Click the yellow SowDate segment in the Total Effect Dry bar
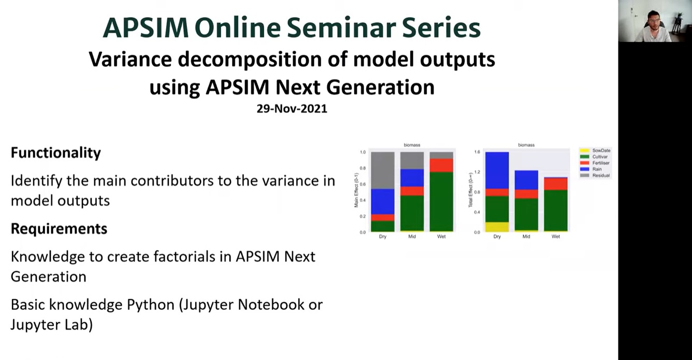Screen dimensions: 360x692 497,226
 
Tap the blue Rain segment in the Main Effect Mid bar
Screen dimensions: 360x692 412,178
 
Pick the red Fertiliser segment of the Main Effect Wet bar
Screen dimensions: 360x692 441,165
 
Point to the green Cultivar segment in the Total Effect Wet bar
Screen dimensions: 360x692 556,210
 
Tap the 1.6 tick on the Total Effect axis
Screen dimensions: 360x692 477,152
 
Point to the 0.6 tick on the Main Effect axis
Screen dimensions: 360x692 363,184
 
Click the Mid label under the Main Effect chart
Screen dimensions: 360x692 412,237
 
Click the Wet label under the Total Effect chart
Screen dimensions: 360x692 556,237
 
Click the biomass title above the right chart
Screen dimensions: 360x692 526,145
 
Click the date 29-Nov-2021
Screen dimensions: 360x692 292,109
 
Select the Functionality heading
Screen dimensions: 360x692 56,153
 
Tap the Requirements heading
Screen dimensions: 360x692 59,229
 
